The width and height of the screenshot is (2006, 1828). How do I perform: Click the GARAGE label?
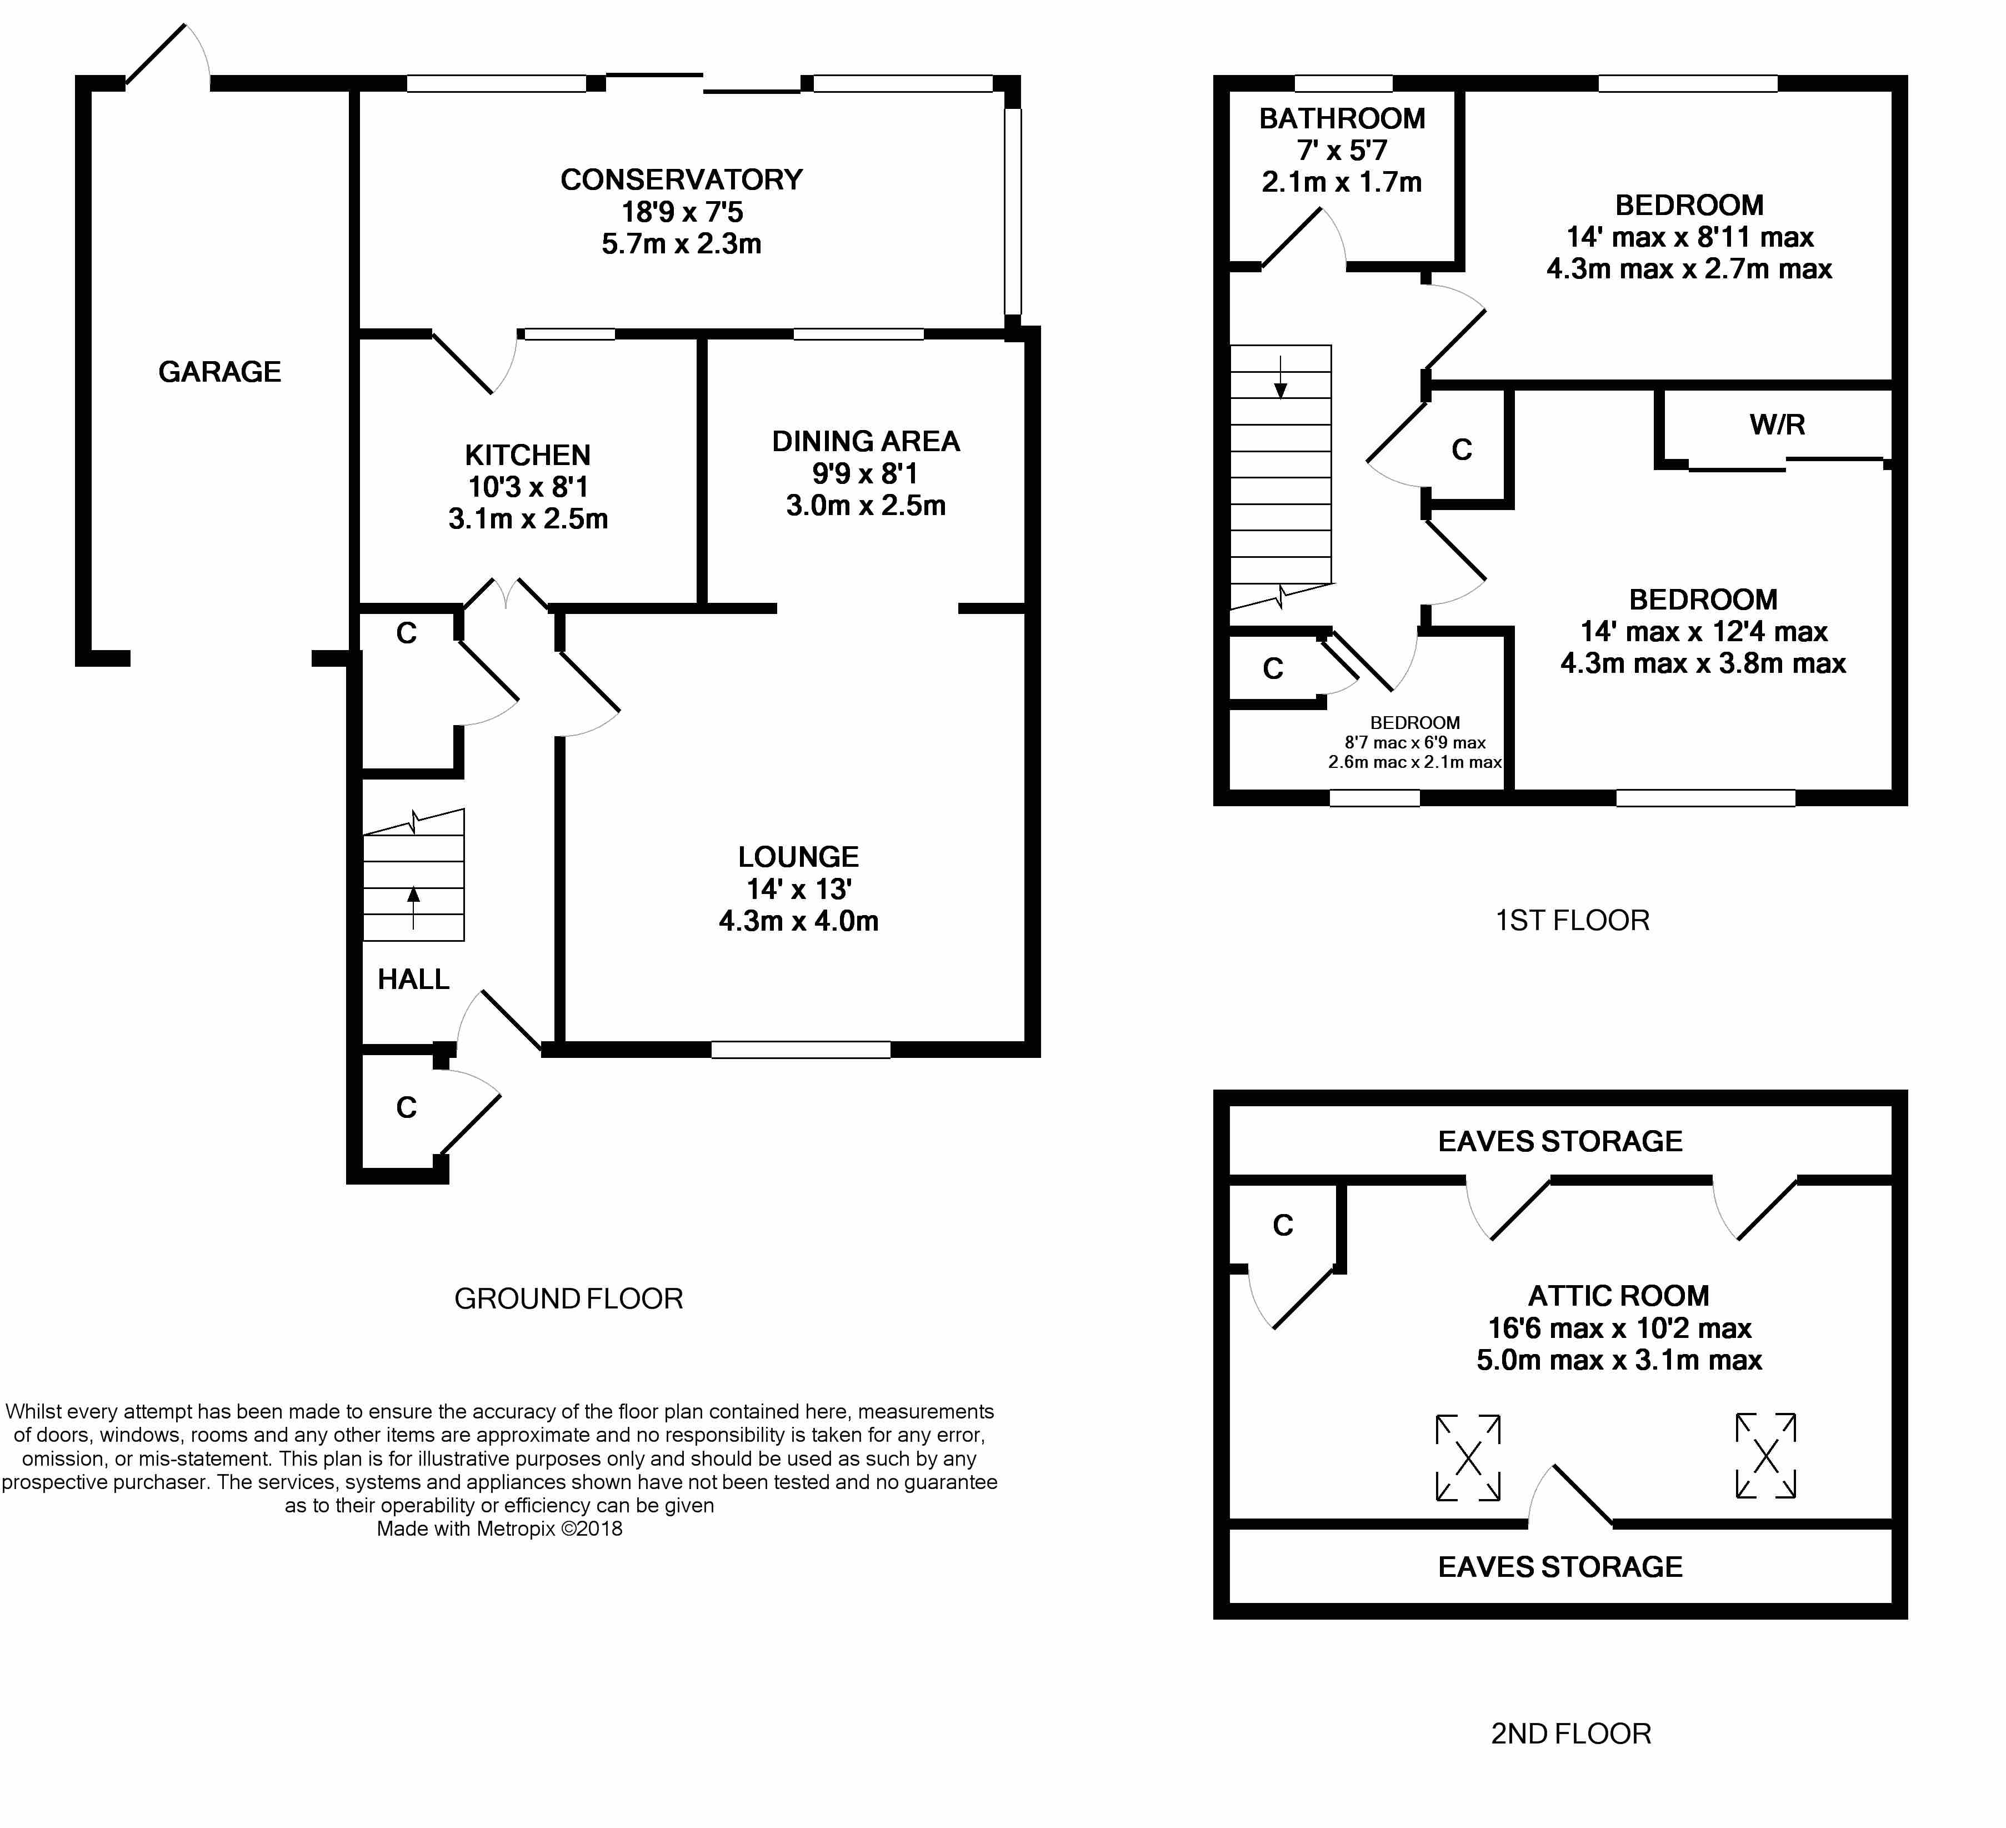(220, 372)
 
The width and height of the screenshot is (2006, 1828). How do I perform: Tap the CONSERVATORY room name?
(682, 180)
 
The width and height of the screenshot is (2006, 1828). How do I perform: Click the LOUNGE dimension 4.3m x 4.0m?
(799, 921)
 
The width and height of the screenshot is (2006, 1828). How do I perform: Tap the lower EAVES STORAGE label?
(1560, 1567)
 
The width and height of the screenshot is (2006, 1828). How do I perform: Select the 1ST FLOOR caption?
(1572, 921)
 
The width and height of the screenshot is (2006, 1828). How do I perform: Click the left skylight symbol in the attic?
(1468, 1458)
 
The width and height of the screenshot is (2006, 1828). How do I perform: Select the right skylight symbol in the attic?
(1766, 1456)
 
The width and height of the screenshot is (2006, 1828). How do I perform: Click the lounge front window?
(801, 1050)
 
